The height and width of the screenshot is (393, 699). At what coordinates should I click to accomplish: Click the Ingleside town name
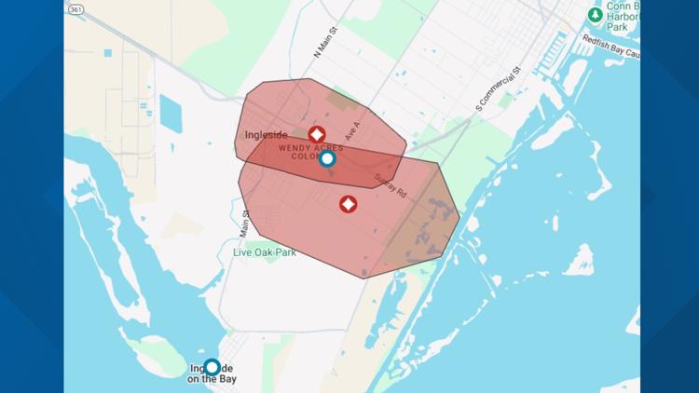(266, 135)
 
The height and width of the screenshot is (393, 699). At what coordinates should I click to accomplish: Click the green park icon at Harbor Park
(595, 14)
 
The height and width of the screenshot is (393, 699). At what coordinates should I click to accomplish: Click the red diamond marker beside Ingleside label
(317, 135)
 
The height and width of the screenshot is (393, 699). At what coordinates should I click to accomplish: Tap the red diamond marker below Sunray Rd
(348, 204)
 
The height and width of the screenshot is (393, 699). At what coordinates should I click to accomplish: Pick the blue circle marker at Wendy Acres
(327, 158)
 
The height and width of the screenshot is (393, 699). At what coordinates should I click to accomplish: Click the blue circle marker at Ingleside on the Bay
(212, 367)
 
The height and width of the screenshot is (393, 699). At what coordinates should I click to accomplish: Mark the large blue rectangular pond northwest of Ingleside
(171, 113)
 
